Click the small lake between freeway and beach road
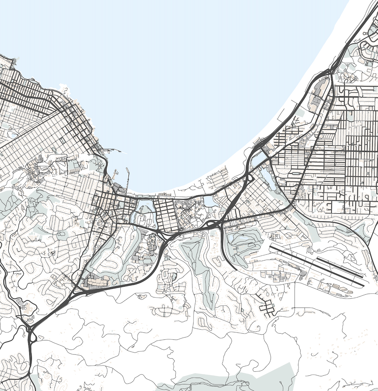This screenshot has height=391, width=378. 208,201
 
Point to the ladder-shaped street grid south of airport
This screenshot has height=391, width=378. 267,307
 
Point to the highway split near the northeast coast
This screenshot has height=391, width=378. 331,73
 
